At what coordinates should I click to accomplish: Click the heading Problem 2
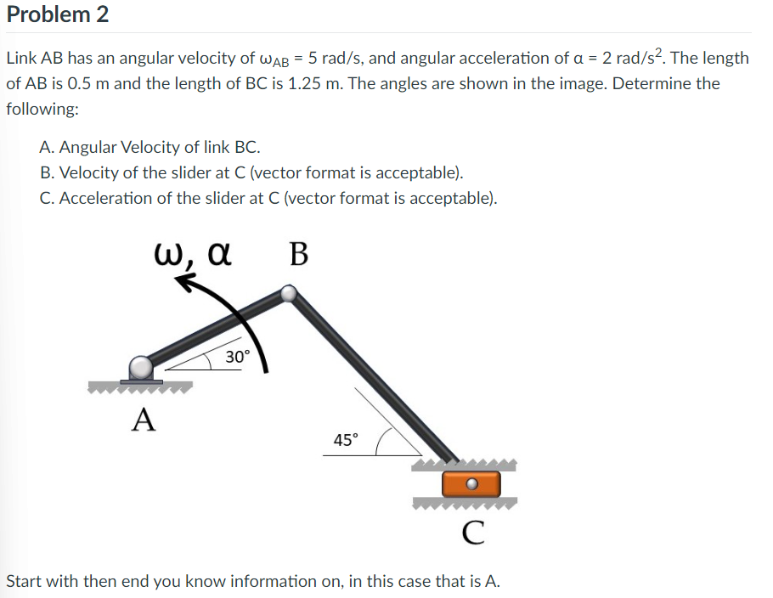[57, 14]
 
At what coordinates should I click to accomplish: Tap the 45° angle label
[346, 440]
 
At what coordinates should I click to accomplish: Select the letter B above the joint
[299, 255]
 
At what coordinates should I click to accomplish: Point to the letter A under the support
[144, 419]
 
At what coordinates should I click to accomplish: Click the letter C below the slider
[474, 533]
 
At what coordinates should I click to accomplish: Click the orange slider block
[471, 485]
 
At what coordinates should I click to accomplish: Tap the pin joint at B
[290, 294]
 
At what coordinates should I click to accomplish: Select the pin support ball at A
[141, 367]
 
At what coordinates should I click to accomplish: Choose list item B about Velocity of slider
[251, 173]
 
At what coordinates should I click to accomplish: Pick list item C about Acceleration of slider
[268, 199]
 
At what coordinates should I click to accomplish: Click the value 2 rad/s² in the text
[615, 59]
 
